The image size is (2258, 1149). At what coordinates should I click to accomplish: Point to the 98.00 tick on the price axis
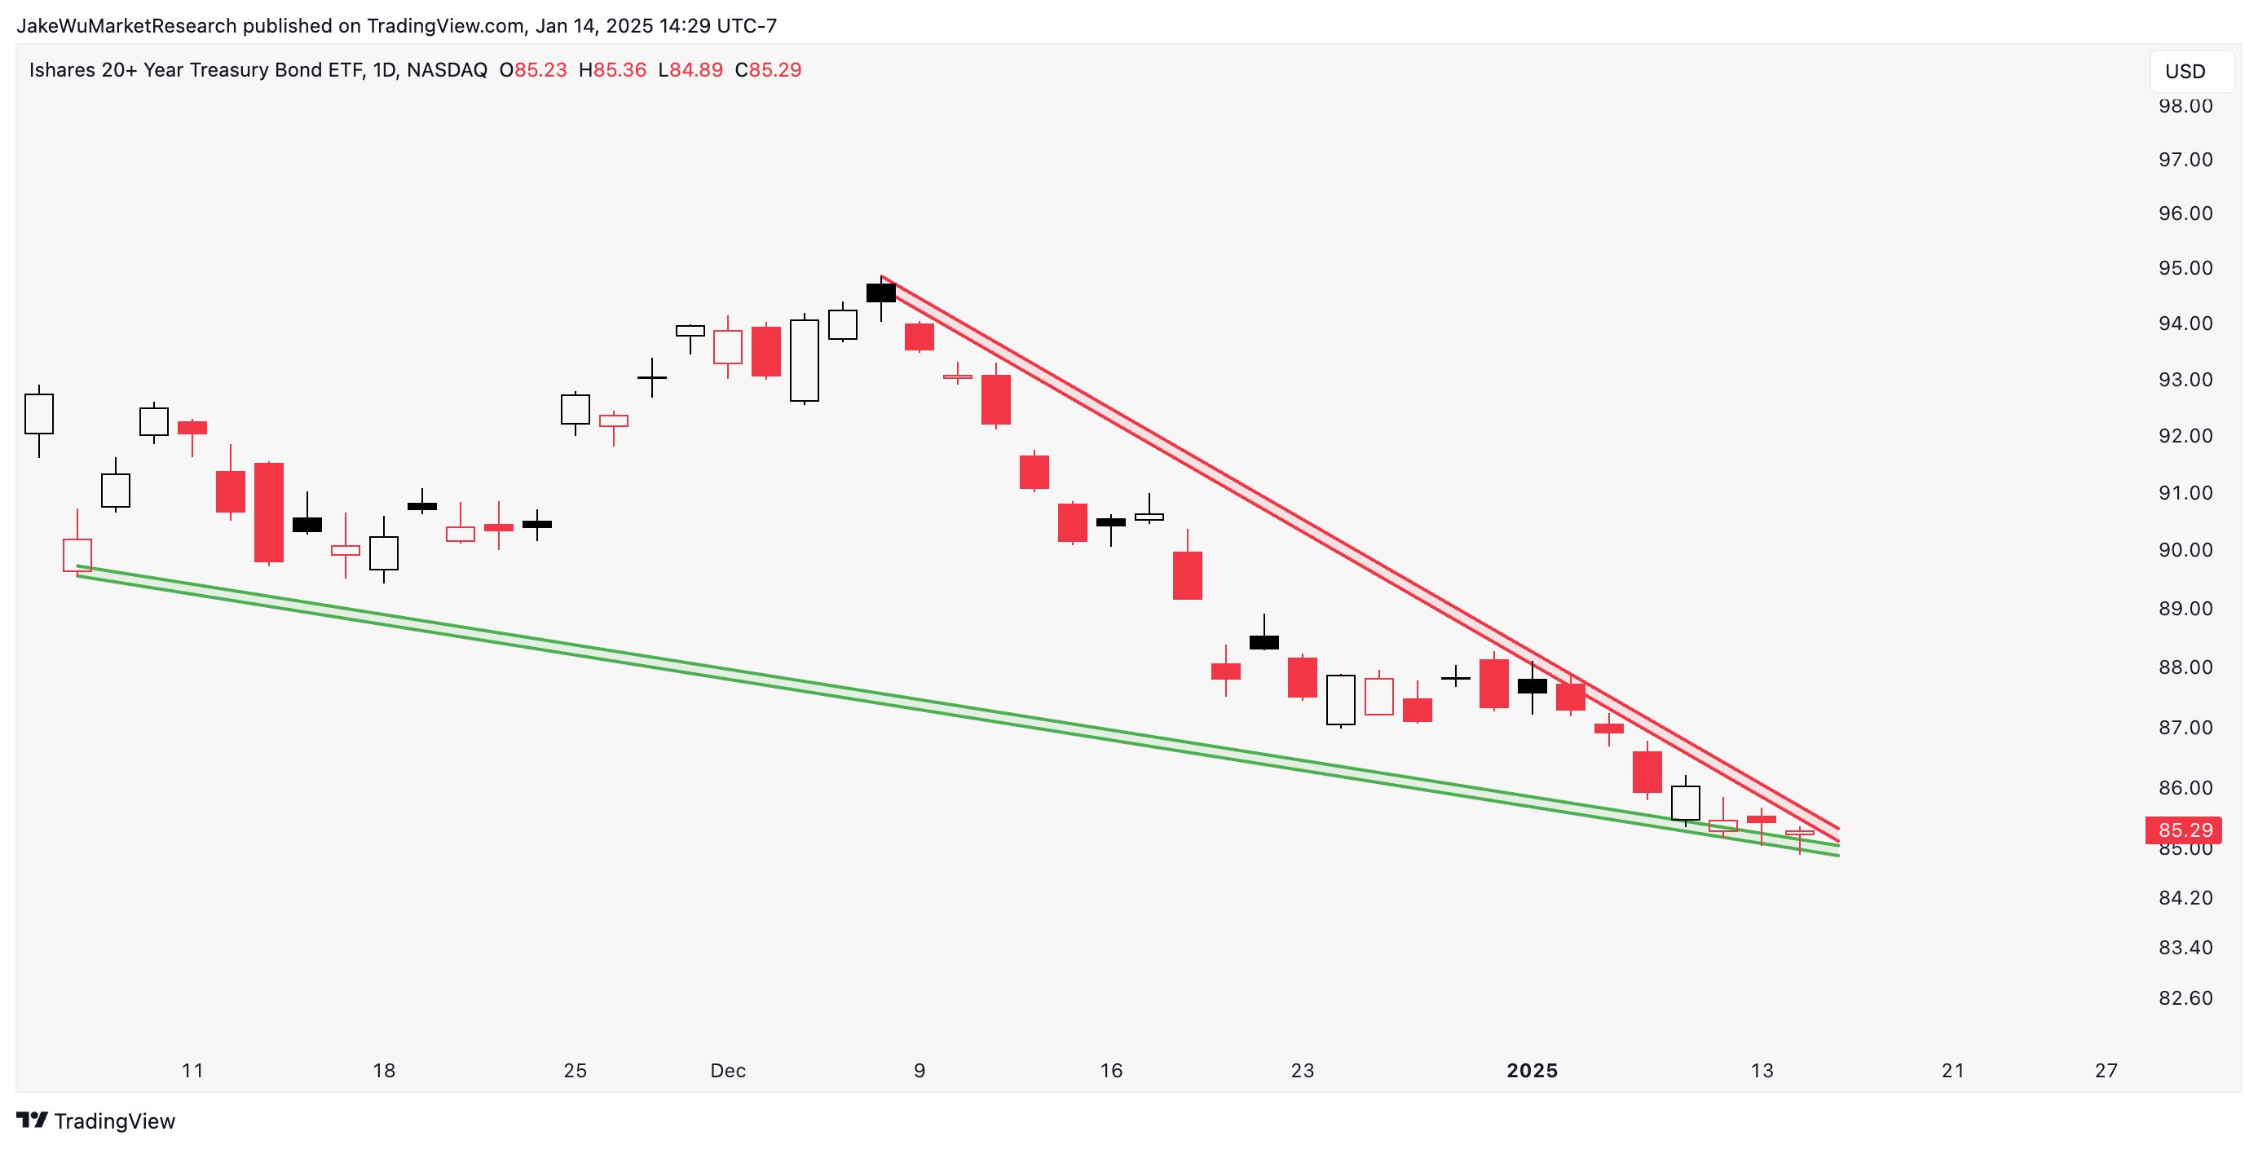click(x=2185, y=106)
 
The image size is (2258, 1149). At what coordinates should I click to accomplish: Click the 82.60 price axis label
click(x=2185, y=997)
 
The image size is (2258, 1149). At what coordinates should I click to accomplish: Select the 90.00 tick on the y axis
click(x=2185, y=549)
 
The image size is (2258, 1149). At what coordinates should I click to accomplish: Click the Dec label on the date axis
click(x=728, y=1070)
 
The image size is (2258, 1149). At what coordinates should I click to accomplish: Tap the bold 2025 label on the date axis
click(x=1532, y=1070)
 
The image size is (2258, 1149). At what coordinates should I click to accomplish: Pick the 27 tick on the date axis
click(x=2106, y=1070)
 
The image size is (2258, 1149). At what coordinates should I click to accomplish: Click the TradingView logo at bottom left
click(x=96, y=1121)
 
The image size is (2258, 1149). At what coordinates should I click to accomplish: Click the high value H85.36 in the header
click(x=612, y=70)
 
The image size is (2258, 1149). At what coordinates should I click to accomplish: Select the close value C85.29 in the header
click(x=768, y=70)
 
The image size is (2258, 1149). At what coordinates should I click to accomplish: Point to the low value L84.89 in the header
click(x=690, y=70)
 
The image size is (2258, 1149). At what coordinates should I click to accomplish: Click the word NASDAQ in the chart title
click(x=447, y=70)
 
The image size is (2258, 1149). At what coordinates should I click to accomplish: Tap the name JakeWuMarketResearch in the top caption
click(x=126, y=25)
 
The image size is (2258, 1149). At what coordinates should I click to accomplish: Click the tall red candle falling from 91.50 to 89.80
click(x=268, y=512)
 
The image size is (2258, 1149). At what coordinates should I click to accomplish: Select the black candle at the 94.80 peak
click(x=881, y=293)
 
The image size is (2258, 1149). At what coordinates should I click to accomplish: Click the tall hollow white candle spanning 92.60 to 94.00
click(x=804, y=360)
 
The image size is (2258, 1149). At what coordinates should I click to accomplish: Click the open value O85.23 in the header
click(x=533, y=70)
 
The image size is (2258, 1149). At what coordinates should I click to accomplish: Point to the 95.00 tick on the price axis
click(x=2185, y=268)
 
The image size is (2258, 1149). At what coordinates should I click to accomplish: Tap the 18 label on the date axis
click(x=384, y=1070)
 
